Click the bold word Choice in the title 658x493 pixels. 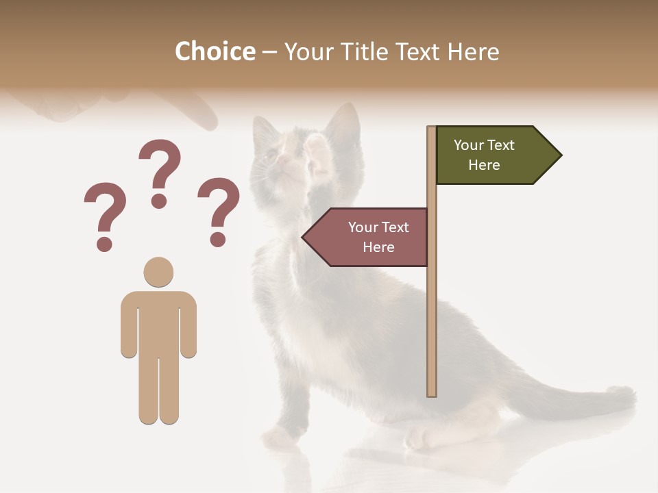tap(215, 51)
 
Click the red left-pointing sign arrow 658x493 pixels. tap(367, 237)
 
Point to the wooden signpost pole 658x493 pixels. tap(432, 308)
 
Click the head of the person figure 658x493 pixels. tap(158, 272)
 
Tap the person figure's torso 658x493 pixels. tap(158, 322)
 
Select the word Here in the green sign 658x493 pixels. tap(484, 165)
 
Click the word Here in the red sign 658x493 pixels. tap(378, 247)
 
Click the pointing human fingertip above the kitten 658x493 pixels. tap(207, 121)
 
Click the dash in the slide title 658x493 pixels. tap(269, 53)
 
